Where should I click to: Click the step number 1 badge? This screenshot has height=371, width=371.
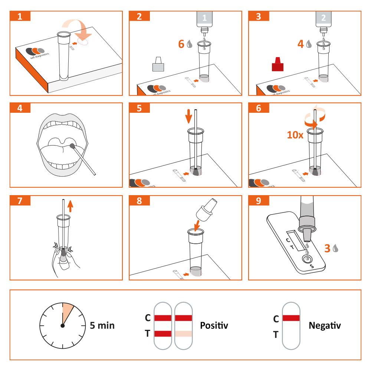click(x=20, y=17)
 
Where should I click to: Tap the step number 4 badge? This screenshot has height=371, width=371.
click(x=20, y=108)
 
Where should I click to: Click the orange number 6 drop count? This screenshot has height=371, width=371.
click(x=181, y=44)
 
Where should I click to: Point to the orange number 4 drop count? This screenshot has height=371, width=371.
click(x=301, y=44)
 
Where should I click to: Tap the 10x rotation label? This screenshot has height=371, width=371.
click(x=295, y=134)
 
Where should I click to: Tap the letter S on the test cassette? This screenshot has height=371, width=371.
click(x=311, y=266)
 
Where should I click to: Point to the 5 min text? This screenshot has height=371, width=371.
click(x=102, y=326)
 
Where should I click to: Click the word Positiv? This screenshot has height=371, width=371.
click(x=214, y=325)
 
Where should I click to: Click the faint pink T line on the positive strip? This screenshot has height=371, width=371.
click(x=183, y=334)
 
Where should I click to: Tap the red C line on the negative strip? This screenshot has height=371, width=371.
click(x=291, y=318)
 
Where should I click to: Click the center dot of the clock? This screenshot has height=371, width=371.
click(x=62, y=326)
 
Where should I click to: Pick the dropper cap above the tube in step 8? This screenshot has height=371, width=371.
click(x=206, y=209)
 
